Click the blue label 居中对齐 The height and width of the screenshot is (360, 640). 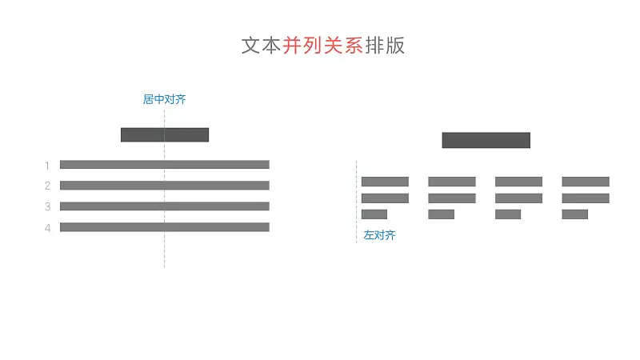click(x=165, y=99)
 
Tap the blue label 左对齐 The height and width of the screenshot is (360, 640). click(x=379, y=235)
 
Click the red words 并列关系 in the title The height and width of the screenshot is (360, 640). click(x=323, y=46)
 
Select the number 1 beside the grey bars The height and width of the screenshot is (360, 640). click(x=47, y=166)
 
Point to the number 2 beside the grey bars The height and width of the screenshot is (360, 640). click(x=47, y=186)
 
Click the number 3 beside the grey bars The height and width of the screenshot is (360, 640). click(x=47, y=206)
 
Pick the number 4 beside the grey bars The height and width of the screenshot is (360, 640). click(x=47, y=228)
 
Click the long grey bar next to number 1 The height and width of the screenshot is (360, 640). click(x=165, y=165)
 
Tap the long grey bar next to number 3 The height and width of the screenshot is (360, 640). click(x=165, y=206)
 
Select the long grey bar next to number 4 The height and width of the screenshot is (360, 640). click(x=165, y=227)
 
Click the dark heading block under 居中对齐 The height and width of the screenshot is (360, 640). click(x=165, y=134)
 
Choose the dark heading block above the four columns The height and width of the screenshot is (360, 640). click(x=486, y=140)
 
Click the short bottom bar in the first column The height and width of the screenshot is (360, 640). click(x=374, y=214)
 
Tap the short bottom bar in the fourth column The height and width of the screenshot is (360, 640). click(x=574, y=214)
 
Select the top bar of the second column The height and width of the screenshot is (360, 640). click(x=452, y=182)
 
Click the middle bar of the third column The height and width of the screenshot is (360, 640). click(x=518, y=198)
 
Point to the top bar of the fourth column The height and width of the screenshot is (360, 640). click(x=586, y=182)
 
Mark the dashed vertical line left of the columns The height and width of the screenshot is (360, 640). click(x=356, y=202)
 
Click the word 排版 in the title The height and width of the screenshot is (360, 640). click(x=385, y=46)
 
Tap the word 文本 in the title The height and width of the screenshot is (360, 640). click(x=262, y=46)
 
